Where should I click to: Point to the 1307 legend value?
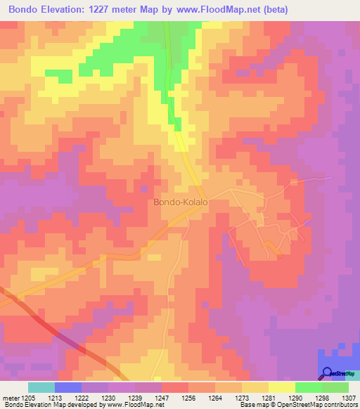pyautogui.click(x=348, y=397)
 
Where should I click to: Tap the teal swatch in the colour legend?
pyautogui.click(x=41, y=387)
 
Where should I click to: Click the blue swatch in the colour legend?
pyautogui.click(x=68, y=387)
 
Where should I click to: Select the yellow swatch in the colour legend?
pyautogui.click(x=282, y=387)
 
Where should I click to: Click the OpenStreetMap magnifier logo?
pyautogui.click(x=328, y=373)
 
